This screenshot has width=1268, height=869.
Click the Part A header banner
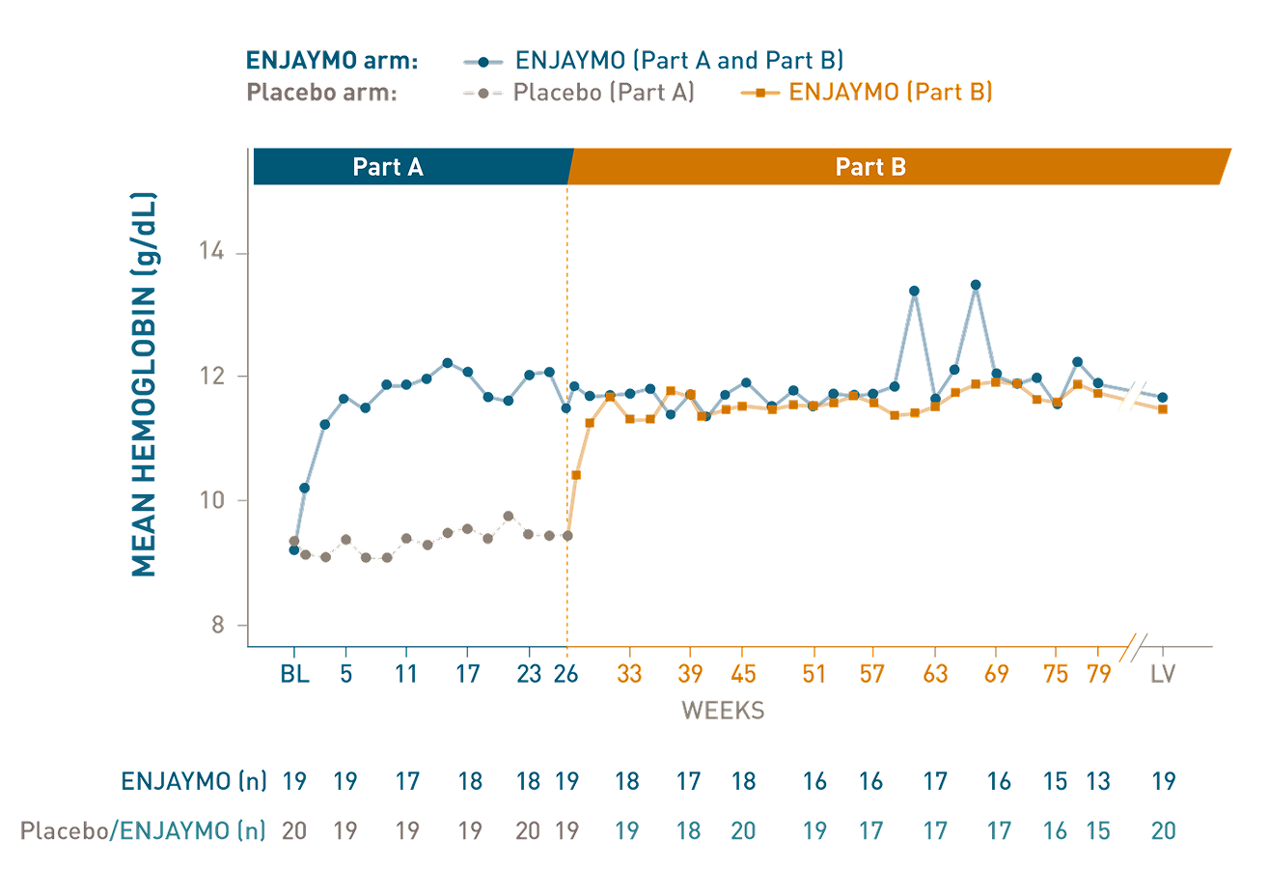tap(388, 167)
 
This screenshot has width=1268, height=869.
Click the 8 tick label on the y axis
tap(216, 626)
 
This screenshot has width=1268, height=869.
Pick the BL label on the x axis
tap(294, 674)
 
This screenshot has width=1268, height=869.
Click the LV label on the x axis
tap(1163, 674)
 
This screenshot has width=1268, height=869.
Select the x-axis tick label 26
tap(566, 674)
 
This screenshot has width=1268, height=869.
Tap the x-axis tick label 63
tap(934, 674)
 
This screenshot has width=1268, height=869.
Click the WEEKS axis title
tap(723, 712)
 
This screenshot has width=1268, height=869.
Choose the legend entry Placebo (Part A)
tap(603, 93)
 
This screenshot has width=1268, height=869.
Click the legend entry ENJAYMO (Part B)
tap(891, 93)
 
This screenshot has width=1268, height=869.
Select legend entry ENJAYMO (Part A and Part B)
tap(679, 61)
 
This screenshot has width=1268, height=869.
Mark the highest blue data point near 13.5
tap(976, 285)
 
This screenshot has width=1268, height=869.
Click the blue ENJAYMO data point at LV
tap(1163, 397)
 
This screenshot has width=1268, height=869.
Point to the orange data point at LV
tap(1163, 409)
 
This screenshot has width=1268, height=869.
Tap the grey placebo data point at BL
tap(294, 541)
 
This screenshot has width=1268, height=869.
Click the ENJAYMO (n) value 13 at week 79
tap(1097, 781)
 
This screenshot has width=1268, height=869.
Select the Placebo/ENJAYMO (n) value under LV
tap(1163, 830)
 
